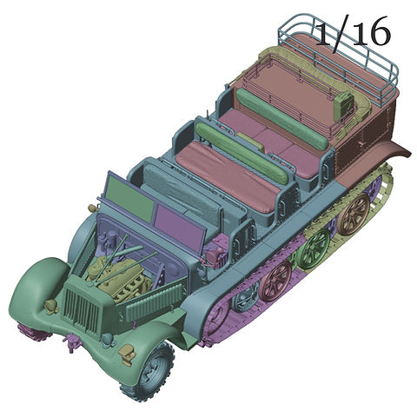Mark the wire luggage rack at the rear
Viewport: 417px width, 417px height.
(339, 52)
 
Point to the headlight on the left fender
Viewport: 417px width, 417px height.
(51, 305)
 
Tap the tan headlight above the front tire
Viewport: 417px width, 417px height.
(127, 352)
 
